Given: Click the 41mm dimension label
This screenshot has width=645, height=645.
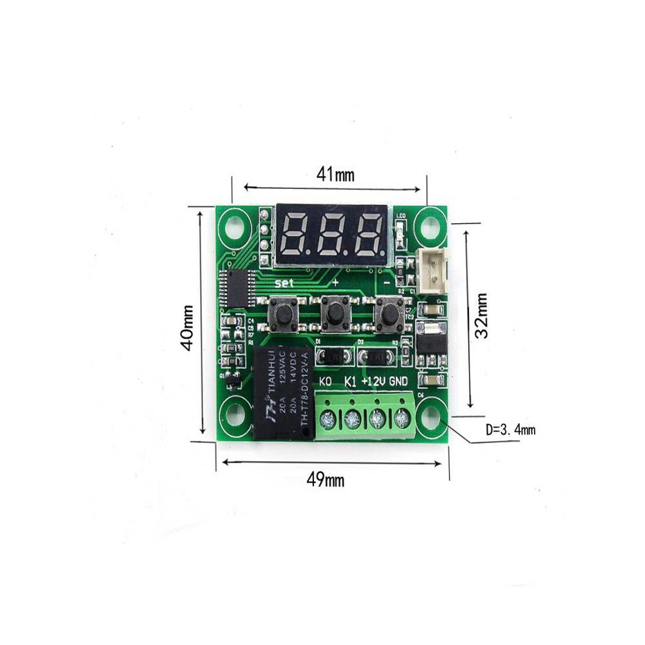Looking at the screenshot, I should point(335,174).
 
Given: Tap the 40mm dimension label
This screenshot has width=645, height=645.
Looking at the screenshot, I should point(187,327).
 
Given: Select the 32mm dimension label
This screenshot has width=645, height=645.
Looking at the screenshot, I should point(481,316).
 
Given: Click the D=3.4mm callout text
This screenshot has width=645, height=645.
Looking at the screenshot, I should point(510,430).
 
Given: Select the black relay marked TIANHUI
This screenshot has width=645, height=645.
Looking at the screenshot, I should point(282,392).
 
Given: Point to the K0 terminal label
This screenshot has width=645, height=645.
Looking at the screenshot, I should point(326,381).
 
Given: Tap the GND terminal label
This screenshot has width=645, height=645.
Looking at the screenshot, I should point(399,381).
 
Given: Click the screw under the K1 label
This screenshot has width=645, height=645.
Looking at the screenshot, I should point(352,421).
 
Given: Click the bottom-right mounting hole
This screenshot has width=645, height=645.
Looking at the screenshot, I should point(430,420).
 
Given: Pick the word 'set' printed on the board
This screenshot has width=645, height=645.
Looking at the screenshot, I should point(284,283).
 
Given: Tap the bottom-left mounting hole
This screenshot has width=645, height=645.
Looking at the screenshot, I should point(235,419).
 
